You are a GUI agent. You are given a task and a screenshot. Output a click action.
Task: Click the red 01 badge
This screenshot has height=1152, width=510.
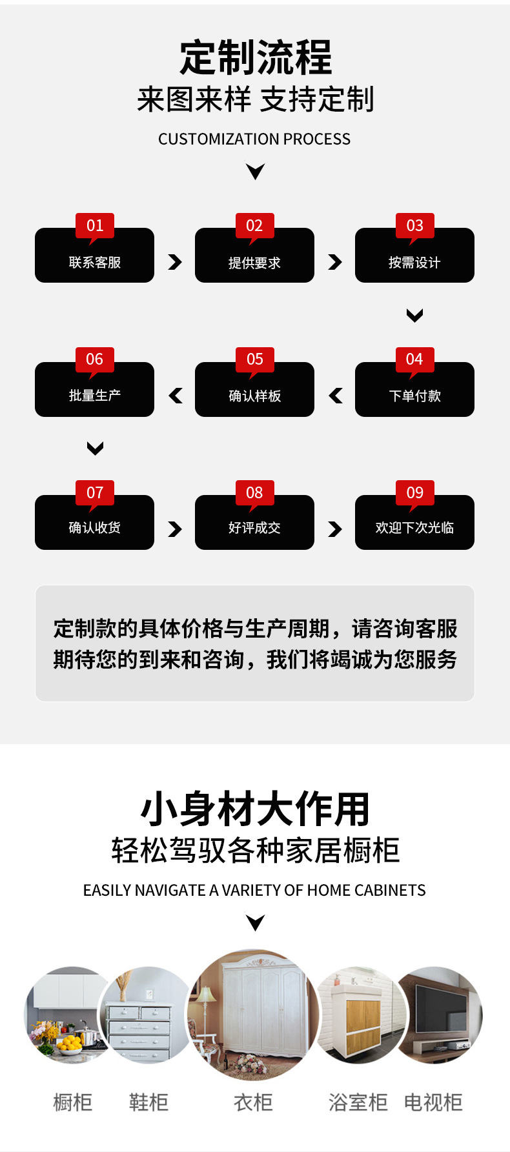(x=95, y=226)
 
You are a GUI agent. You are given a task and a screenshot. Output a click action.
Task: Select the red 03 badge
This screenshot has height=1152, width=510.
(x=414, y=226)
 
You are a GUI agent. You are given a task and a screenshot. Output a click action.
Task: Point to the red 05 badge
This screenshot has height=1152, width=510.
(x=255, y=359)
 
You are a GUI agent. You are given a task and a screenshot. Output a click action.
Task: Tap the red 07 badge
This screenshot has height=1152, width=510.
(x=95, y=493)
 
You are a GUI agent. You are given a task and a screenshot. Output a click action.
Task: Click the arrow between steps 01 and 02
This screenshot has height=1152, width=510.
(x=174, y=262)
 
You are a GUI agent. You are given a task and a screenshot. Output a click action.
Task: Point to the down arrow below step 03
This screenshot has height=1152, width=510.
(x=414, y=315)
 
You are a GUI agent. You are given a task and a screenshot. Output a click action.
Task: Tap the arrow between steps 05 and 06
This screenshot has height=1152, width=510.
(x=176, y=396)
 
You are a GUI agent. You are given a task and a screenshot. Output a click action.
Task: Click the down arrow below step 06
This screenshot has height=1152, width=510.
(x=95, y=448)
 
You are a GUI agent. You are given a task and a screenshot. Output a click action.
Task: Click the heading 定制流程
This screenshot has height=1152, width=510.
(x=256, y=57)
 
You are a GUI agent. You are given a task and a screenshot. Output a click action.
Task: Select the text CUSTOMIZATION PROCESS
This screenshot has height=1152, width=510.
(x=254, y=139)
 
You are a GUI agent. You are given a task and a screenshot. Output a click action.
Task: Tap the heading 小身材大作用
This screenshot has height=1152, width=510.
(x=256, y=809)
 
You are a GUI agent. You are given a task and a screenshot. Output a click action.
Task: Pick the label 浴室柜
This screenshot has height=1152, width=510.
(x=358, y=1102)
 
